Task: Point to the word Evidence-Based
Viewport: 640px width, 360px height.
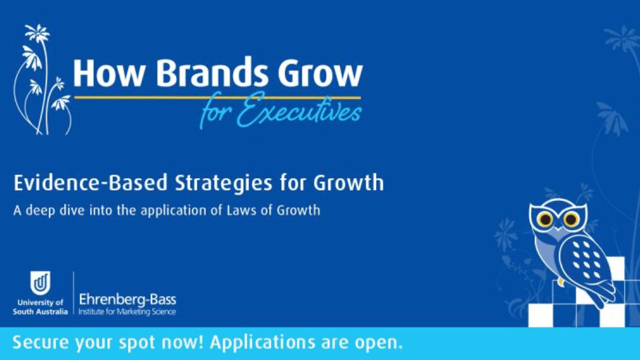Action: pos(90,182)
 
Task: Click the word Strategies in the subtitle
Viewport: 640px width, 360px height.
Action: pos(223,183)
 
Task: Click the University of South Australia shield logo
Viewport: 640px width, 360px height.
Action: pos(40,283)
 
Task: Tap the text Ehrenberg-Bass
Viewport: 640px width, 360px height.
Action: pos(127,300)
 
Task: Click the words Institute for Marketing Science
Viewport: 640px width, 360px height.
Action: pos(127,311)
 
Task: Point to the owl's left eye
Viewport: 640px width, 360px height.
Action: pos(545,219)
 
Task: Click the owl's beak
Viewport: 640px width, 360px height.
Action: pos(558,229)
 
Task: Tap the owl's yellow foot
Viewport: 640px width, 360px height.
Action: pos(561,282)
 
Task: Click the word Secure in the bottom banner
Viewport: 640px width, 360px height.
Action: pos(41,342)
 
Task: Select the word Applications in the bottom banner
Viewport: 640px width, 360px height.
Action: pos(262,343)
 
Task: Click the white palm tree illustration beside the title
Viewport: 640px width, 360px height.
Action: pos(42,79)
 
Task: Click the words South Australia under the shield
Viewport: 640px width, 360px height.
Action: pos(41,311)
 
